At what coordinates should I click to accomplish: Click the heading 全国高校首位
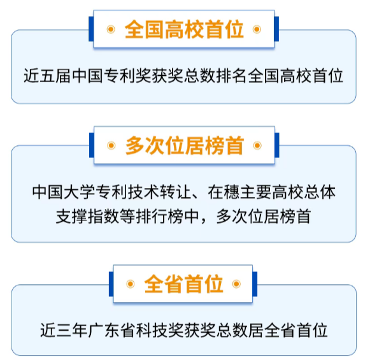click(x=184, y=29)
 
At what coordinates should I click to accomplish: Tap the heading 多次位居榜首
click(x=185, y=145)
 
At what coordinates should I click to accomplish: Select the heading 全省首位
click(x=183, y=284)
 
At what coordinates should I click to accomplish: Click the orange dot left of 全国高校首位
click(x=111, y=29)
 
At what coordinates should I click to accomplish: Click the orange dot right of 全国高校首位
click(x=257, y=29)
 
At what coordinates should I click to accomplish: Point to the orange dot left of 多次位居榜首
click(x=111, y=145)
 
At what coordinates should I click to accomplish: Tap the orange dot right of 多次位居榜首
click(x=257, y=145)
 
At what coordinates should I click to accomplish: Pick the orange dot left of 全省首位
click(x=131, y=284)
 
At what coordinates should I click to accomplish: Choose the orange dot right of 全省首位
click(x=236, y=284)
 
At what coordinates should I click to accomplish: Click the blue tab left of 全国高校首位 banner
click(x=91, y=29)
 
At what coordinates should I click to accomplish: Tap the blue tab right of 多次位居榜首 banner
click(x=277, y=145)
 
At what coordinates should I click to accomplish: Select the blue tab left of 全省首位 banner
click(x=111, y=284)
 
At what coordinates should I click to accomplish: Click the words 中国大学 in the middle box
click(x=64, y=191)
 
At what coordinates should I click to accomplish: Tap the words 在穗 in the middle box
click(x=224, y=191)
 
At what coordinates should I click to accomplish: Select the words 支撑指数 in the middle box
click(x=87, y=217)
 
